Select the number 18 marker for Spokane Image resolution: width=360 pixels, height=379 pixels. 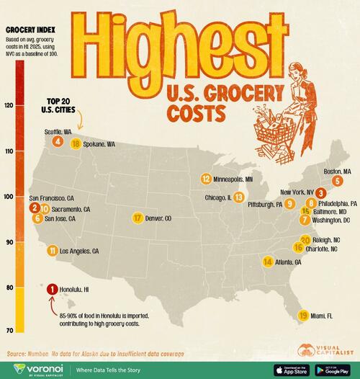pos(76,144)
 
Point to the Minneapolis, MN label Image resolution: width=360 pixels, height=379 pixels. pos(234,179)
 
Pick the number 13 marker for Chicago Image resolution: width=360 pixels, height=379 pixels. pos(238,197)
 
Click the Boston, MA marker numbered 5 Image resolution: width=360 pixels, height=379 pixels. pos(337,181)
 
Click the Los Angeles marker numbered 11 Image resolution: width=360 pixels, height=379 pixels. pos(52,251)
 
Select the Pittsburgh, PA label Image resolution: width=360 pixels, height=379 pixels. pos(262,205)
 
